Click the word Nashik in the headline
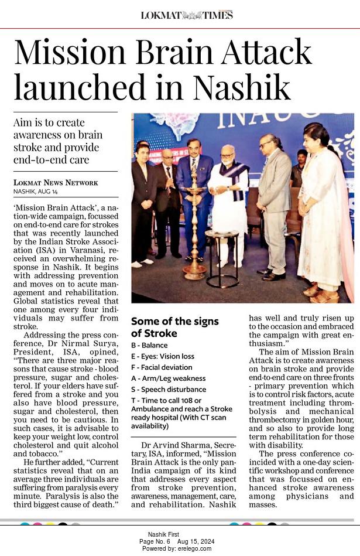coord(242,87)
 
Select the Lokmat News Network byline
coord(56,183)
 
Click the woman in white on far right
coord(319,211)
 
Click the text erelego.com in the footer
coord(196,548)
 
